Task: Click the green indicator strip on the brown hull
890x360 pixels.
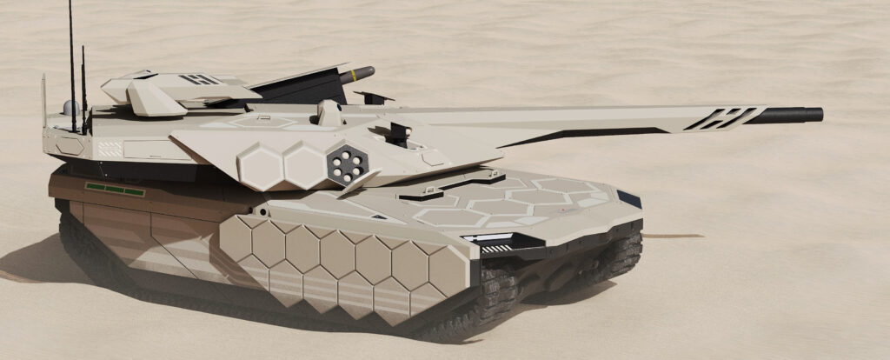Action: tap(114, 188)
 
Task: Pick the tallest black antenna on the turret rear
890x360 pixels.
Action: tap(71, 52)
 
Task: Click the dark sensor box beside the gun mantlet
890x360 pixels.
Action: tap(399, 133)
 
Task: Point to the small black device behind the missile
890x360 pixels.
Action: tap(372, 97)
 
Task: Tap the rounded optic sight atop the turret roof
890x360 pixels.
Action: tap(327, 111)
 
